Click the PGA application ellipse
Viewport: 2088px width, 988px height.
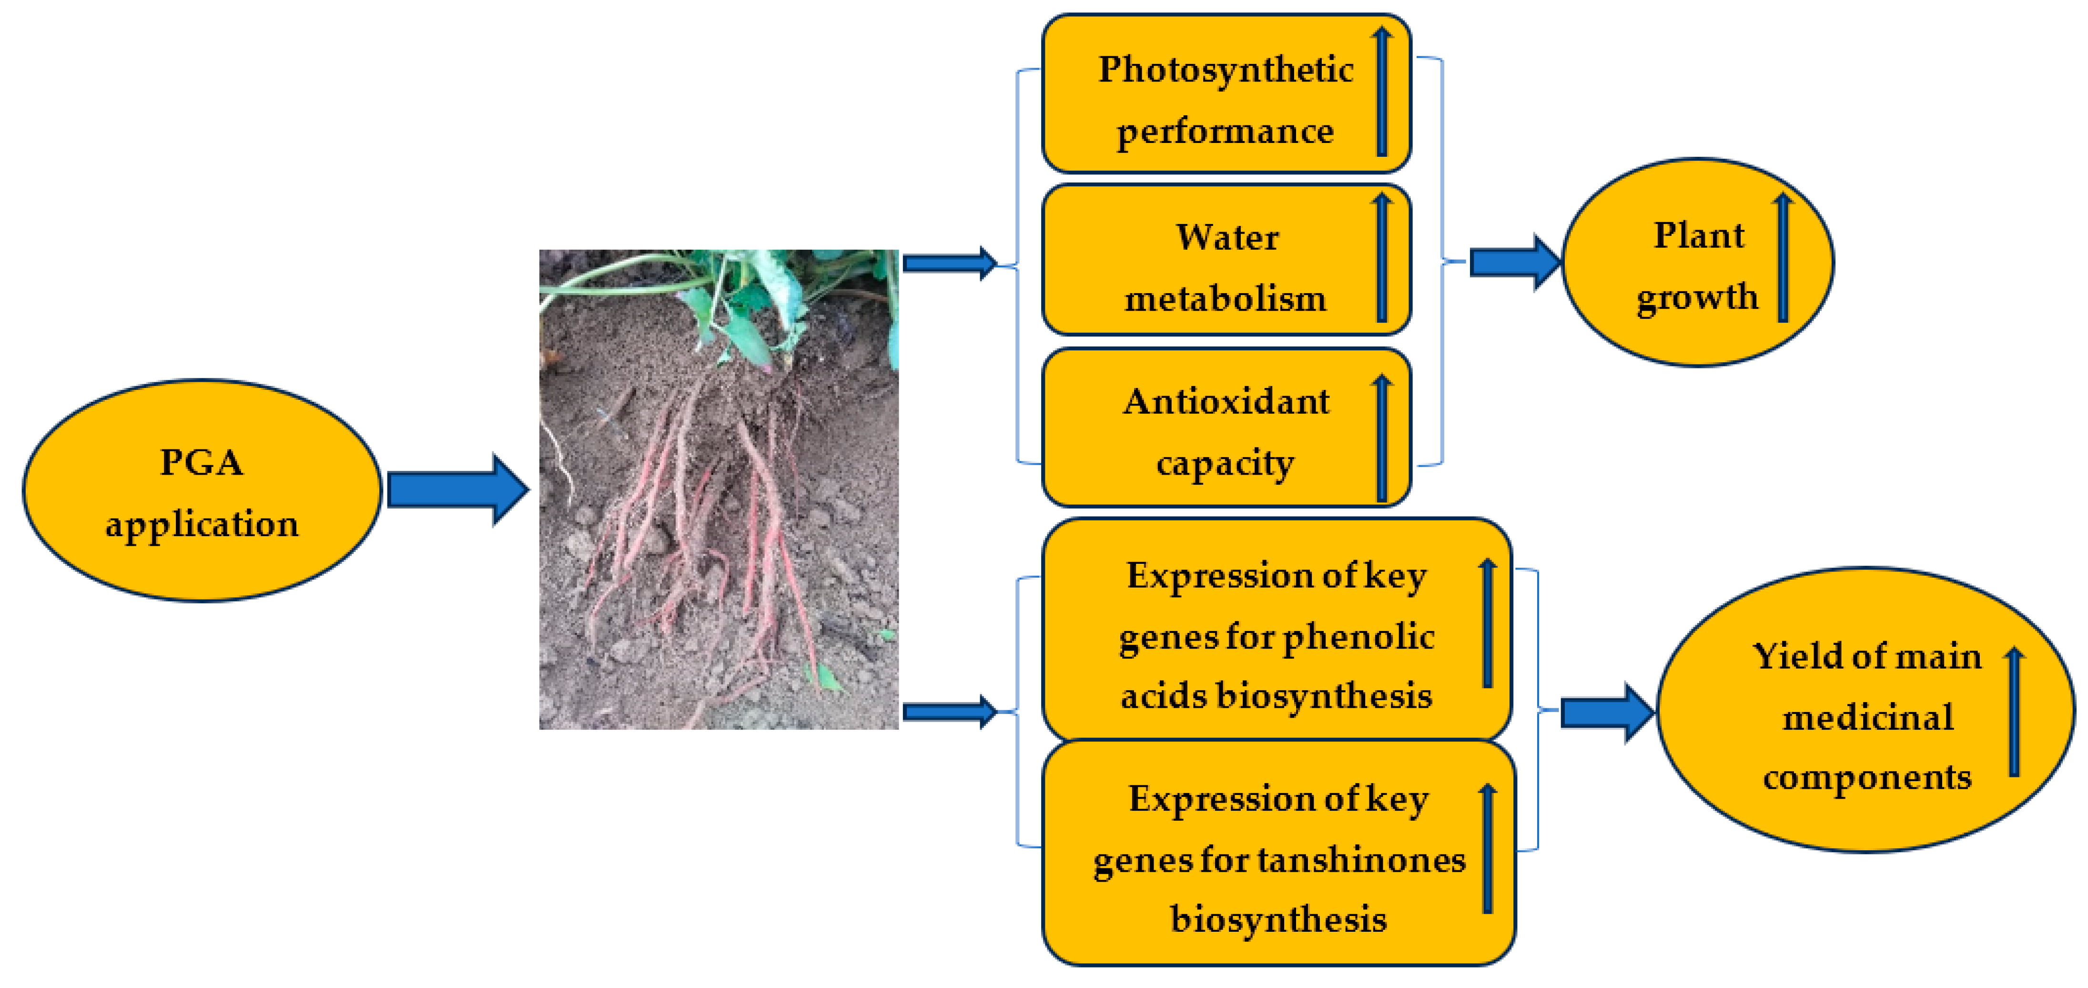[x=201, y=490]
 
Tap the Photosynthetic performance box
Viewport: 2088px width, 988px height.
[x=1226, y=94]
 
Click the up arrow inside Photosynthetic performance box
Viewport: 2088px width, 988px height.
[x=1382, y=91]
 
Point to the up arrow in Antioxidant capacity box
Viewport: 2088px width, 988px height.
[x=1382, y=438]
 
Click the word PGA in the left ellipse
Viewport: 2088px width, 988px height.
[x=201, y=463]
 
